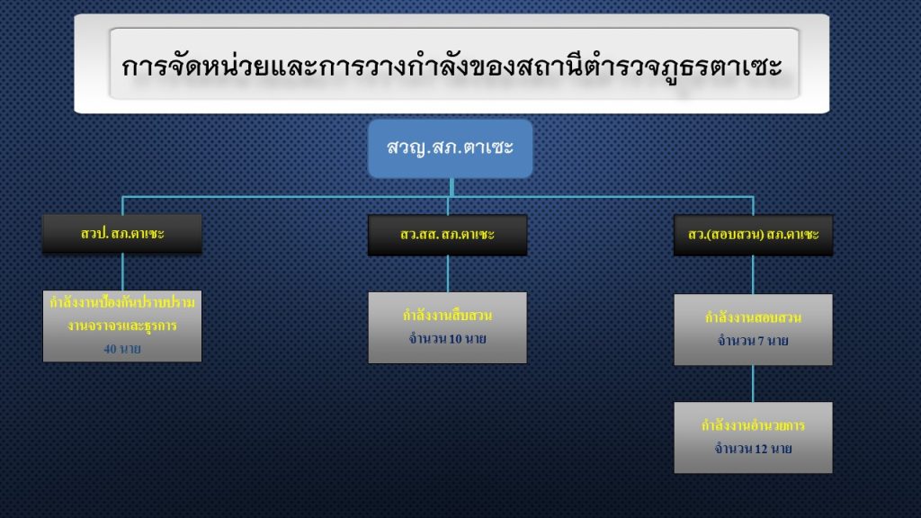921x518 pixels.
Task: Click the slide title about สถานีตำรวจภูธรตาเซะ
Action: [452, 67]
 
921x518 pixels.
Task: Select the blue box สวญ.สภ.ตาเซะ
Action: [450, 147]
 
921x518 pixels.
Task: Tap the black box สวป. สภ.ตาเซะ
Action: [122, 234]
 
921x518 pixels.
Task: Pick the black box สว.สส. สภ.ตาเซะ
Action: [447, 235]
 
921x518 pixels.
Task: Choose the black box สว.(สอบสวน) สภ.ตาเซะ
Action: [753, 235]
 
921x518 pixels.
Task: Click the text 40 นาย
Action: [122, 348]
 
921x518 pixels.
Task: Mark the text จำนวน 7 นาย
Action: [753, 340]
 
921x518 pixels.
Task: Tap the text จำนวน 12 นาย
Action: [753, 448]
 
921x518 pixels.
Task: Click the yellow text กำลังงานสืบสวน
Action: [447, 316]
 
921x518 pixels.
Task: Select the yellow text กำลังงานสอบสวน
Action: [753, 317]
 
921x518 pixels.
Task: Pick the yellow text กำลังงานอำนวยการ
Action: [753, 425]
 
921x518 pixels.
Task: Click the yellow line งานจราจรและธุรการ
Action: [122, 326]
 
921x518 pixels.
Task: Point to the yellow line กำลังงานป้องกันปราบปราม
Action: [122, 304]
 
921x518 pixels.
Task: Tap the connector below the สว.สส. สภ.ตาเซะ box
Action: [447, 273]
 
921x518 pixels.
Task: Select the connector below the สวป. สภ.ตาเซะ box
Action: [122, 272]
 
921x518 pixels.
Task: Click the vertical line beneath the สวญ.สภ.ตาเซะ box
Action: [451, 187]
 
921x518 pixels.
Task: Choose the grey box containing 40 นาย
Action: [122, 326]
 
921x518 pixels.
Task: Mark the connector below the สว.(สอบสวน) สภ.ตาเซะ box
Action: [753, 274]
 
